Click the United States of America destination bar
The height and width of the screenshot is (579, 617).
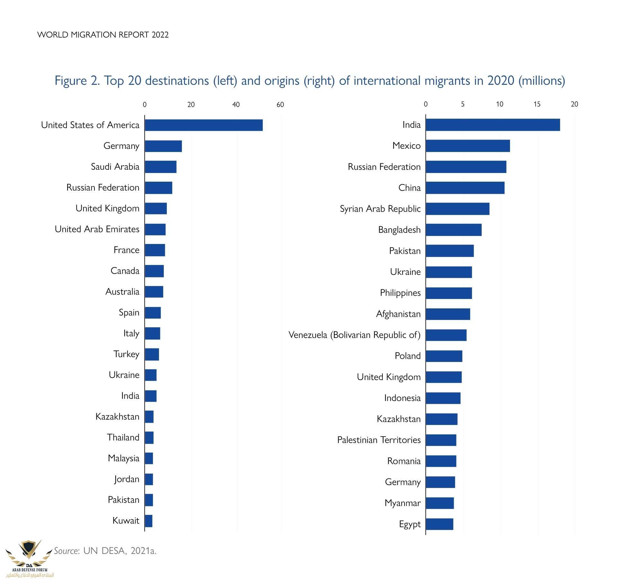203,125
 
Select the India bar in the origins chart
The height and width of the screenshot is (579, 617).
493,125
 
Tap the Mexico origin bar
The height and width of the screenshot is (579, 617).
468,146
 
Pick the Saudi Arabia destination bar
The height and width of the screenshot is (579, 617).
160,167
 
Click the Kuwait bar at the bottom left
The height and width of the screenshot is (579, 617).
148,521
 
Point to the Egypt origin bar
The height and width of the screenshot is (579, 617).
439,524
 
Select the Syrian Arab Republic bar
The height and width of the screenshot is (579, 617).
457,209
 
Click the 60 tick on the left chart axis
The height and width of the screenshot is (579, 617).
280,104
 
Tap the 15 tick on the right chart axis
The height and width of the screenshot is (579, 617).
537,104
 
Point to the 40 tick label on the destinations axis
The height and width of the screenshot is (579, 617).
236,104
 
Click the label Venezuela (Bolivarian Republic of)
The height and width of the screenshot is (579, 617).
354,335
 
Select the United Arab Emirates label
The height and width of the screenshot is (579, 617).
97,229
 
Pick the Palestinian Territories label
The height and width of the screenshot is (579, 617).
379,440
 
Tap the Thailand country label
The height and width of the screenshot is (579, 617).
123,438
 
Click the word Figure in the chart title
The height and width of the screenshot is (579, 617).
71,81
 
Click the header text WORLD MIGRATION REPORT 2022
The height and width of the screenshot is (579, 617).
103,35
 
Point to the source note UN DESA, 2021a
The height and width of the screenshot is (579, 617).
120,551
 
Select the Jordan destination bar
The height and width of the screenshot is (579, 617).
149,479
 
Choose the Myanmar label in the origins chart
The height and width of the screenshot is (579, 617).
402,503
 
